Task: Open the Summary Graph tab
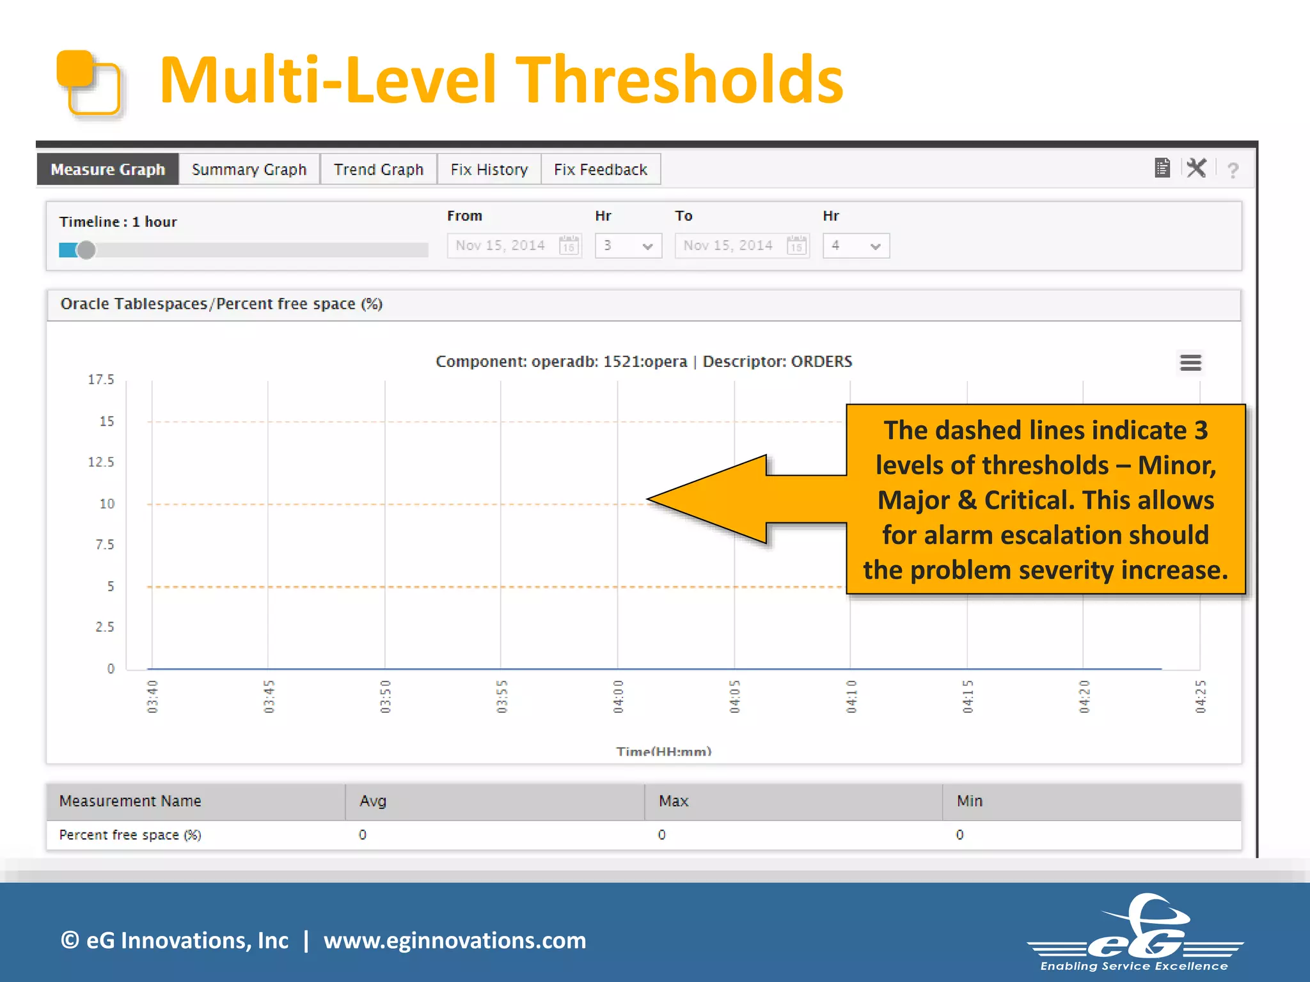point(249,169)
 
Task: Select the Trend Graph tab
point(379,169)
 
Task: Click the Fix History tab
point(489,169)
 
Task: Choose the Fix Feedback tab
point(601,169)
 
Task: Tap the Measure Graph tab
point(107,169)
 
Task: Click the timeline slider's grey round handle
point(86,250)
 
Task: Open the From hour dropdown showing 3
point(628,245)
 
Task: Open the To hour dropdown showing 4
point(856,245)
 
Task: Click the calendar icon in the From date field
point(569,245)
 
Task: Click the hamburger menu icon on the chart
point(1190,362)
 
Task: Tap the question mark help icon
point(1233,170)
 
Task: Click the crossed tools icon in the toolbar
point(1196,168)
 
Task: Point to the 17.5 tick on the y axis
point(101,380)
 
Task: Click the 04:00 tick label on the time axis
point(618,696)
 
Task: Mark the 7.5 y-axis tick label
point(105,545)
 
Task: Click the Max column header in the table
point(674,801)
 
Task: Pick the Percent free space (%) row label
point(130,835)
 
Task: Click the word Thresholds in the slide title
point(679,80)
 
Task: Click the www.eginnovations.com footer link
point(455,940)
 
